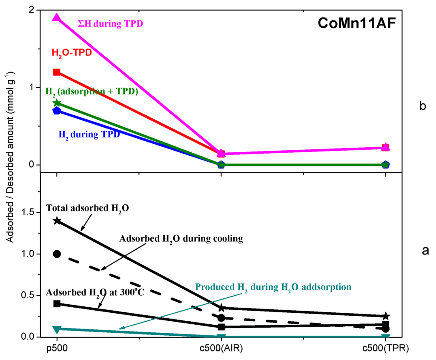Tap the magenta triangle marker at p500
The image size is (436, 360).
coord(57,18)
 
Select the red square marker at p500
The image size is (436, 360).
coord(57,72)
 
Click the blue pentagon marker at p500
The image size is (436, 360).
coord(57,111)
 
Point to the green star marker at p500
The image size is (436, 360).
coord(57,103)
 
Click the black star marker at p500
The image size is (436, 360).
coord(57,220)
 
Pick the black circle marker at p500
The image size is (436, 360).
coord(57,254)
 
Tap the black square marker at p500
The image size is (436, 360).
coord(57,303)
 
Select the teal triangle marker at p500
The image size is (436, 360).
coord(57,329)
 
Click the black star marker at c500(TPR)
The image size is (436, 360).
coord(386,316)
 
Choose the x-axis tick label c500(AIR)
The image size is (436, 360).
coord(221,349)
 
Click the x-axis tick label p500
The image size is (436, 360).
coord(57,349)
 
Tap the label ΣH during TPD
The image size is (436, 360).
coord(110,24)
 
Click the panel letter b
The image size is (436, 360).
coord(422,106)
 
